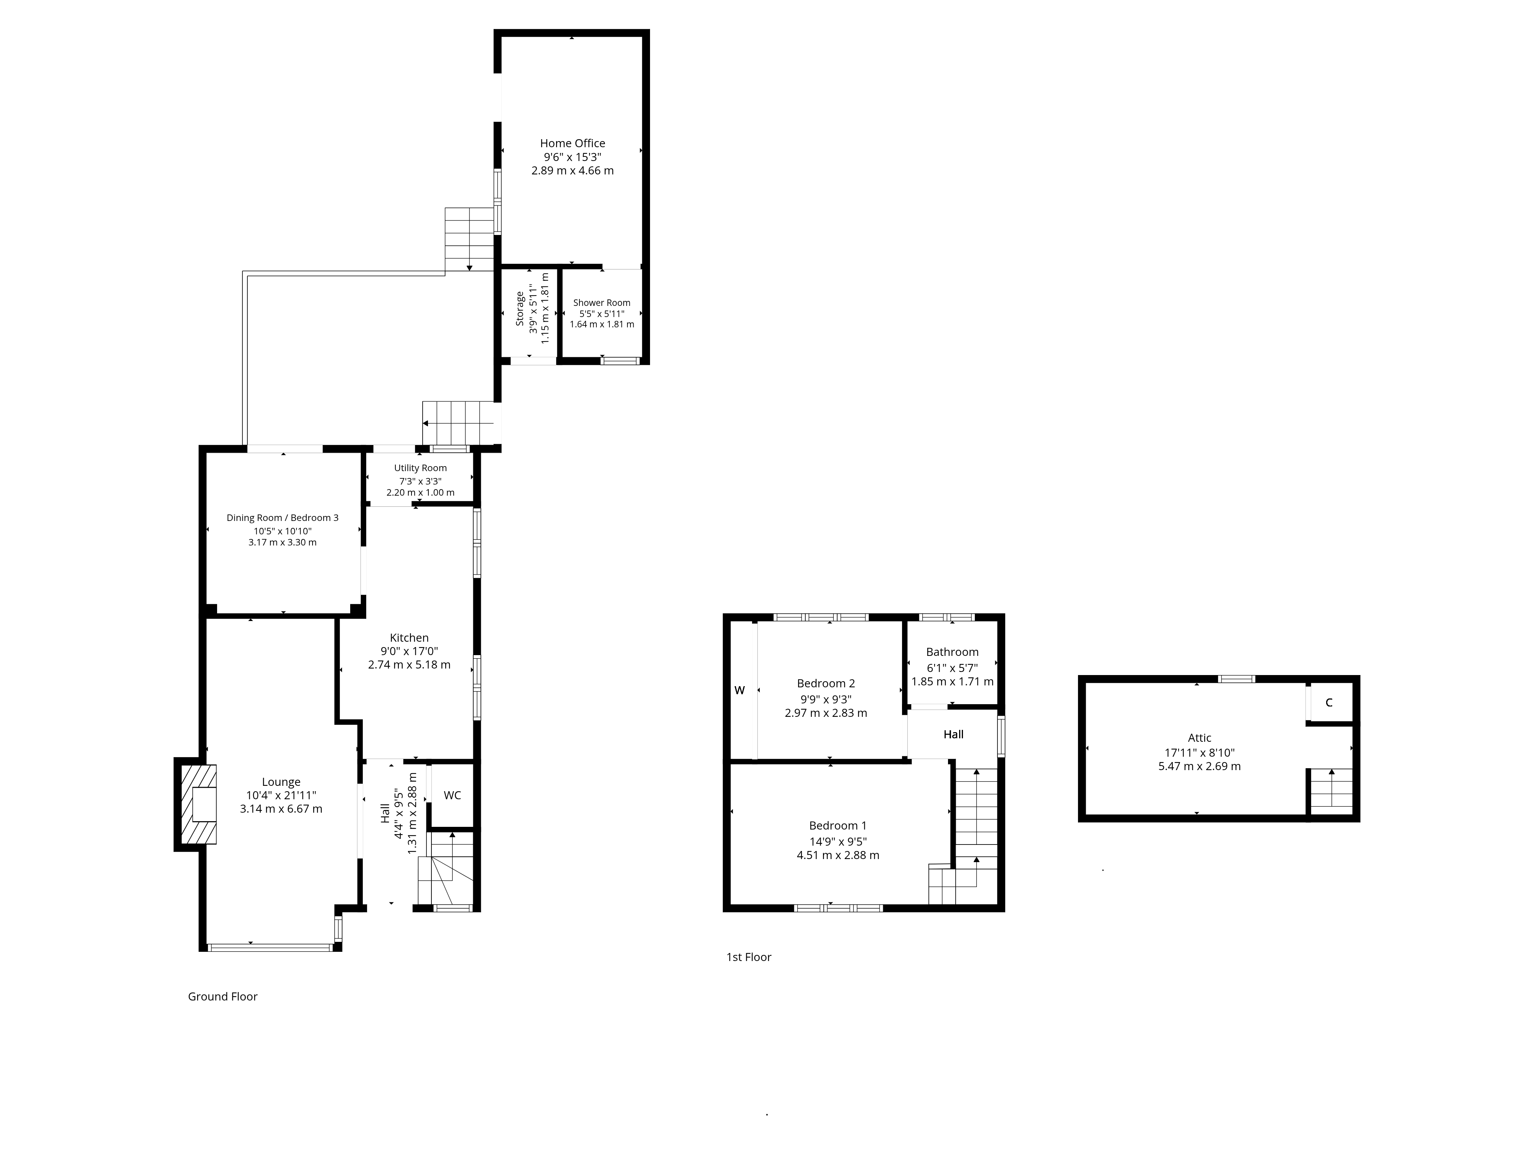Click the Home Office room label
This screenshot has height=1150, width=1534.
pos(572,143)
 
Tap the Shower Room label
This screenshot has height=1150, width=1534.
pos(601,303)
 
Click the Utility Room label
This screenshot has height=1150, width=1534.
pos(420,468)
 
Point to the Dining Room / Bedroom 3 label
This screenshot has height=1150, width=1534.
pos(282,518)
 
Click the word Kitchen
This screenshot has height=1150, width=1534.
pos(409,638)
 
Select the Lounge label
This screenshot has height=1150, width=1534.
pos(281,782)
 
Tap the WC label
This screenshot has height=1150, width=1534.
pos(452,795)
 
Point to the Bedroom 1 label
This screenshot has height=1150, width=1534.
pos(838,826)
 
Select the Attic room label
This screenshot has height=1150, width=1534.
pos(1199,738)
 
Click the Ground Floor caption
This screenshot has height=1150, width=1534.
pos(222,996)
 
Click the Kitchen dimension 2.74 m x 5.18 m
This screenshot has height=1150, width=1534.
pos(409,665)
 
